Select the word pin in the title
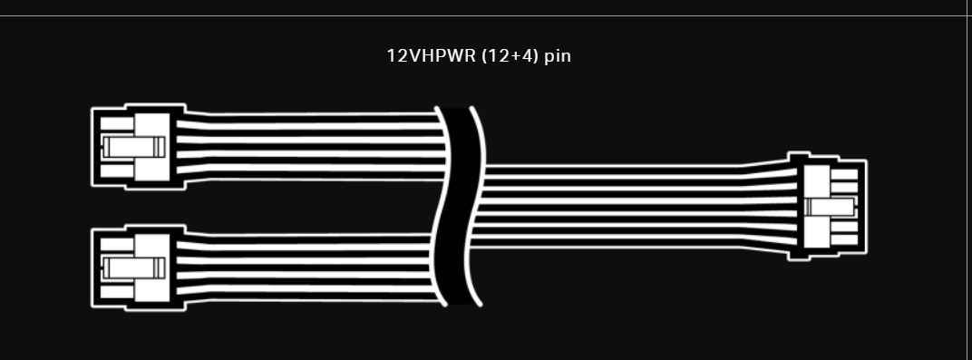coord(558,55)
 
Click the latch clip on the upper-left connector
coord(131,147)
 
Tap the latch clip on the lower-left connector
coord(131,268)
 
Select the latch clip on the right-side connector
coord(831,208)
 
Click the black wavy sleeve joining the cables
coord(460,207)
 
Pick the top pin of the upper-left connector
coord(115,123)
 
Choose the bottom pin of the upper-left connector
coord(115,170)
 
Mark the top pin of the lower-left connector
coord(115,245)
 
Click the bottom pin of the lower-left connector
coord(115,291)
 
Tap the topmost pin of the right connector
coord(843,175)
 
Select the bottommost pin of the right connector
coord(843,241)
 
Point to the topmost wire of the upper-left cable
coord(308,116)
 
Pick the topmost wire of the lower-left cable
coord(308,238)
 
